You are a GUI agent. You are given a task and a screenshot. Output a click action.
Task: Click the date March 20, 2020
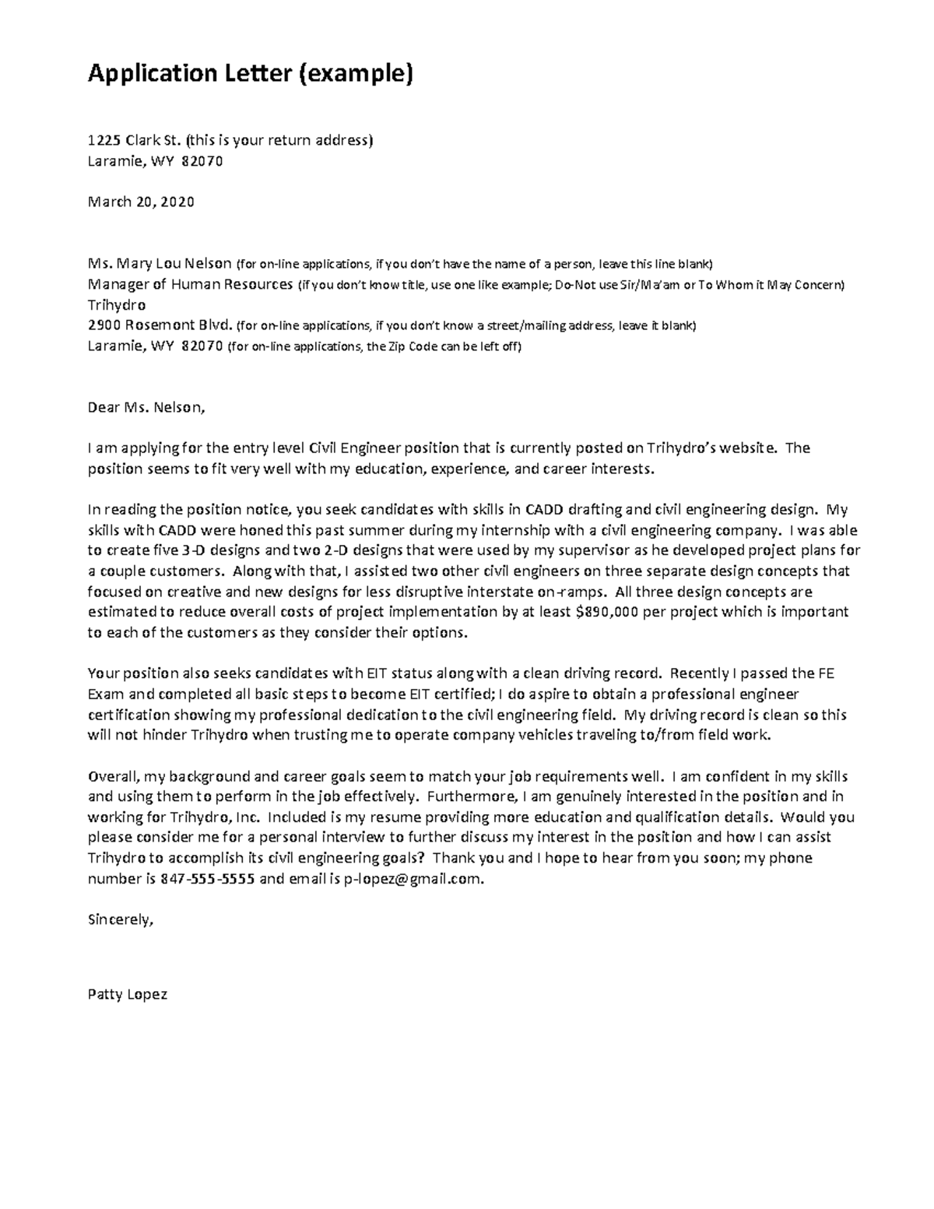[141, 202]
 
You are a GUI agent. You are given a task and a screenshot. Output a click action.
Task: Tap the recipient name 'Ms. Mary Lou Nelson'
[160, 263]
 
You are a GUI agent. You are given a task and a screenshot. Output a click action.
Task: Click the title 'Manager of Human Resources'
[191, 284]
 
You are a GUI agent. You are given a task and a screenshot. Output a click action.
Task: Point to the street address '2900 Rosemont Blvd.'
[160, 325]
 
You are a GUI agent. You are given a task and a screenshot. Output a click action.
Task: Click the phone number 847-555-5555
[207, 879]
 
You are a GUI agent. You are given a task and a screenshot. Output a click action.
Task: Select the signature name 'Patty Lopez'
[128, 995]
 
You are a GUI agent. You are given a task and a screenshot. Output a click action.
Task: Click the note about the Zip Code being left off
[374, 346]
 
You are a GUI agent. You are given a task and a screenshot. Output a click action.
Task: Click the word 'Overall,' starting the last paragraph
[114, 777]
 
